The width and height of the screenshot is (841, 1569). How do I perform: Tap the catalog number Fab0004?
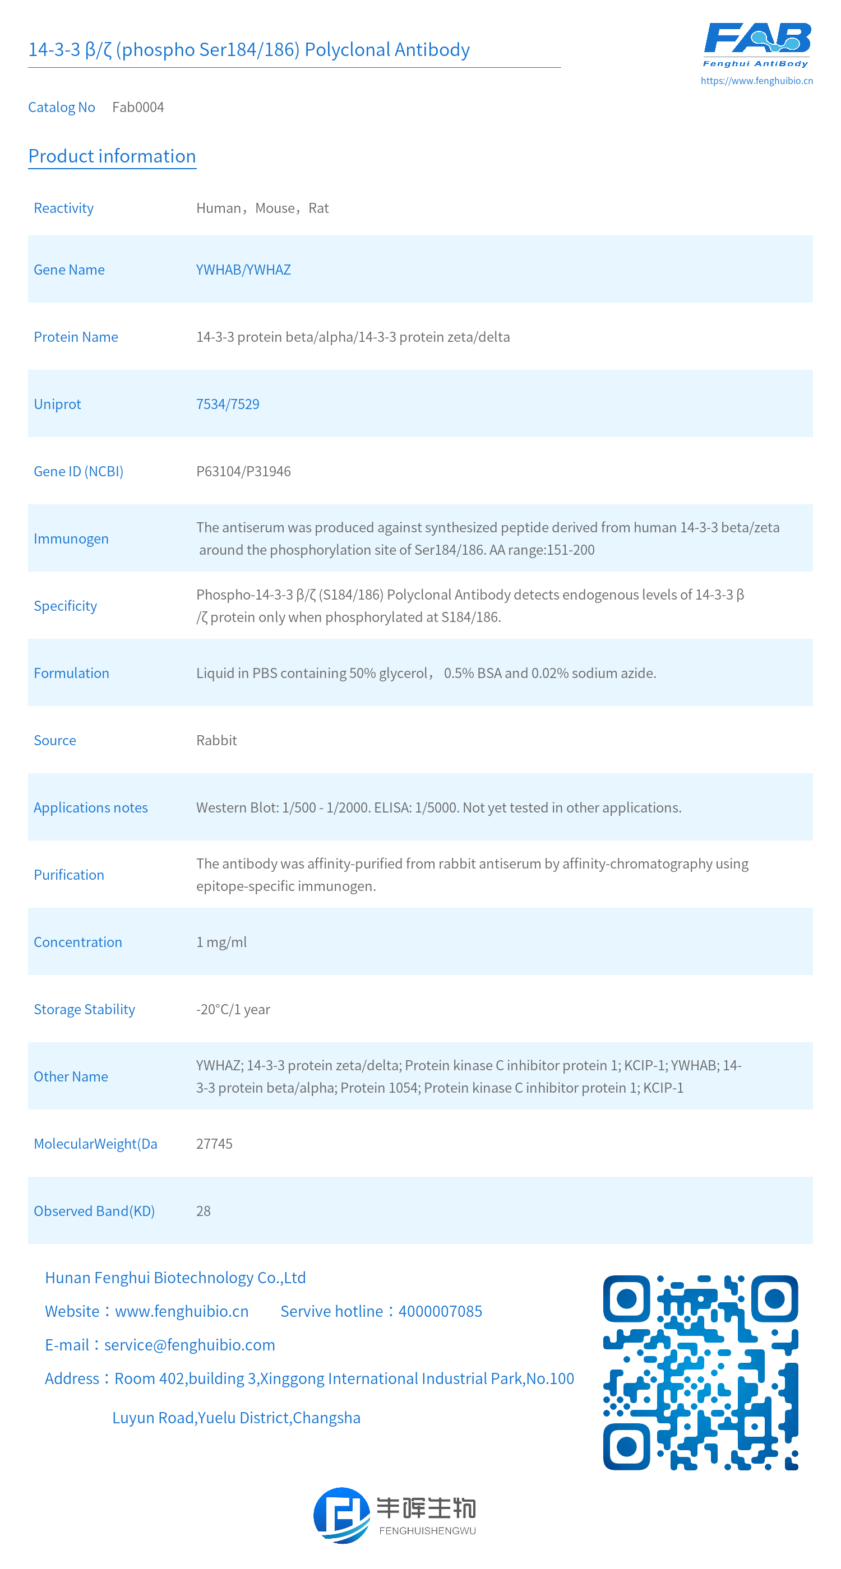pyautogui.click(x=138, y=107)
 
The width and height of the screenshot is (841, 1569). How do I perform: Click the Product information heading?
pyautogui.click(x=112, y=156)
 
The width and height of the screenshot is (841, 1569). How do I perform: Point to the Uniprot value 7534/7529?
pyautogui.click(x=227, y=404)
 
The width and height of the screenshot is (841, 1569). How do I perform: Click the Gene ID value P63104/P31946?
pyautogui.click(x=243, y=471)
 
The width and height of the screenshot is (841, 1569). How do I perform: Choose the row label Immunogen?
pyautogui.click(x=71, y=539)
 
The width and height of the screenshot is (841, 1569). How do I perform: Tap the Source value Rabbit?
pyautogui.click(x=216, y=740)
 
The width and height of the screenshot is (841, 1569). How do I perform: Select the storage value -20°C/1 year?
pyautogui.click(x=233, y=1009)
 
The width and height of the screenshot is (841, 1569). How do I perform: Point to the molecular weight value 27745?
pyautogui.click(x=214, y=1143)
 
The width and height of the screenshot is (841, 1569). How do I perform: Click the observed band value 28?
pyautogui.click(x=203, y=1211)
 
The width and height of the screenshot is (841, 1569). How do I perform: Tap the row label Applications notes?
pyautogui.click(x=90, y=807)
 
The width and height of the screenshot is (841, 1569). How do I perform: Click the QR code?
pyautogui.click(x=700, y=1372)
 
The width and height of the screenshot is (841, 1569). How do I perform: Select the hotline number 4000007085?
pyautogui.click(x=440, y=1311)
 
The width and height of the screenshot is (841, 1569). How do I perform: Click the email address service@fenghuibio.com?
pyautogui.click(x=190, y=1344)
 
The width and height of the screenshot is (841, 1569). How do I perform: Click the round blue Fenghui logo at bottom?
pyautogui.click(x=341, y=1515)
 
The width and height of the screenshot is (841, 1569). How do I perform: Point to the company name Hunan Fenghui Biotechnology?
pyautogui.click(x=175, y=1277)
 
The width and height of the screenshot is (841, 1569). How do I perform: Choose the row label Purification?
pyautogui.click(x=69, y=875)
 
